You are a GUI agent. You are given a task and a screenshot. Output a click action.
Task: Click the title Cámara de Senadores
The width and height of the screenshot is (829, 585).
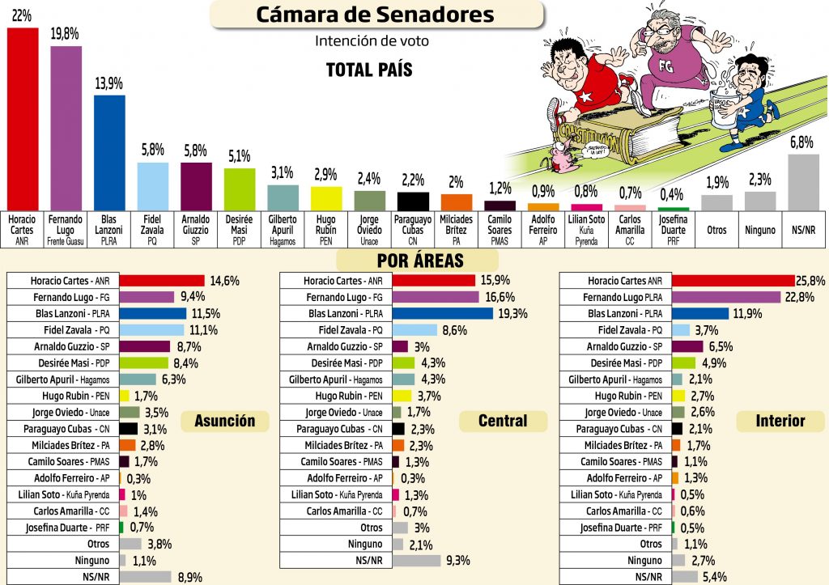[x=375, y=14]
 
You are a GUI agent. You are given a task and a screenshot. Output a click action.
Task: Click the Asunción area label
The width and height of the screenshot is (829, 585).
[x=230, y=421]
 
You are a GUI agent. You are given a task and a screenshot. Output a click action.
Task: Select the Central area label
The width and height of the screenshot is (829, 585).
[x=503, y=421]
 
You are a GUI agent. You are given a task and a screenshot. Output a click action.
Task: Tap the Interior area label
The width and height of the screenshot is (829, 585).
[x=780, y=421]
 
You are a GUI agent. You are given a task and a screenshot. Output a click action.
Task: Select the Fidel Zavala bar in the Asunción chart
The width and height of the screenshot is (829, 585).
[x=151, y=330]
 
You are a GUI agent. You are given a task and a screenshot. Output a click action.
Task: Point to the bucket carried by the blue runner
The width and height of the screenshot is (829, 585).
[x=727, y=108]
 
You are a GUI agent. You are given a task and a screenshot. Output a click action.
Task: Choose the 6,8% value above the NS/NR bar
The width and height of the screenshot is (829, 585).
[x=801, y=142]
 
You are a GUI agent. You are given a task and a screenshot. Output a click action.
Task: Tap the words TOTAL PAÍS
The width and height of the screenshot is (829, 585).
[x=369, y=70]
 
